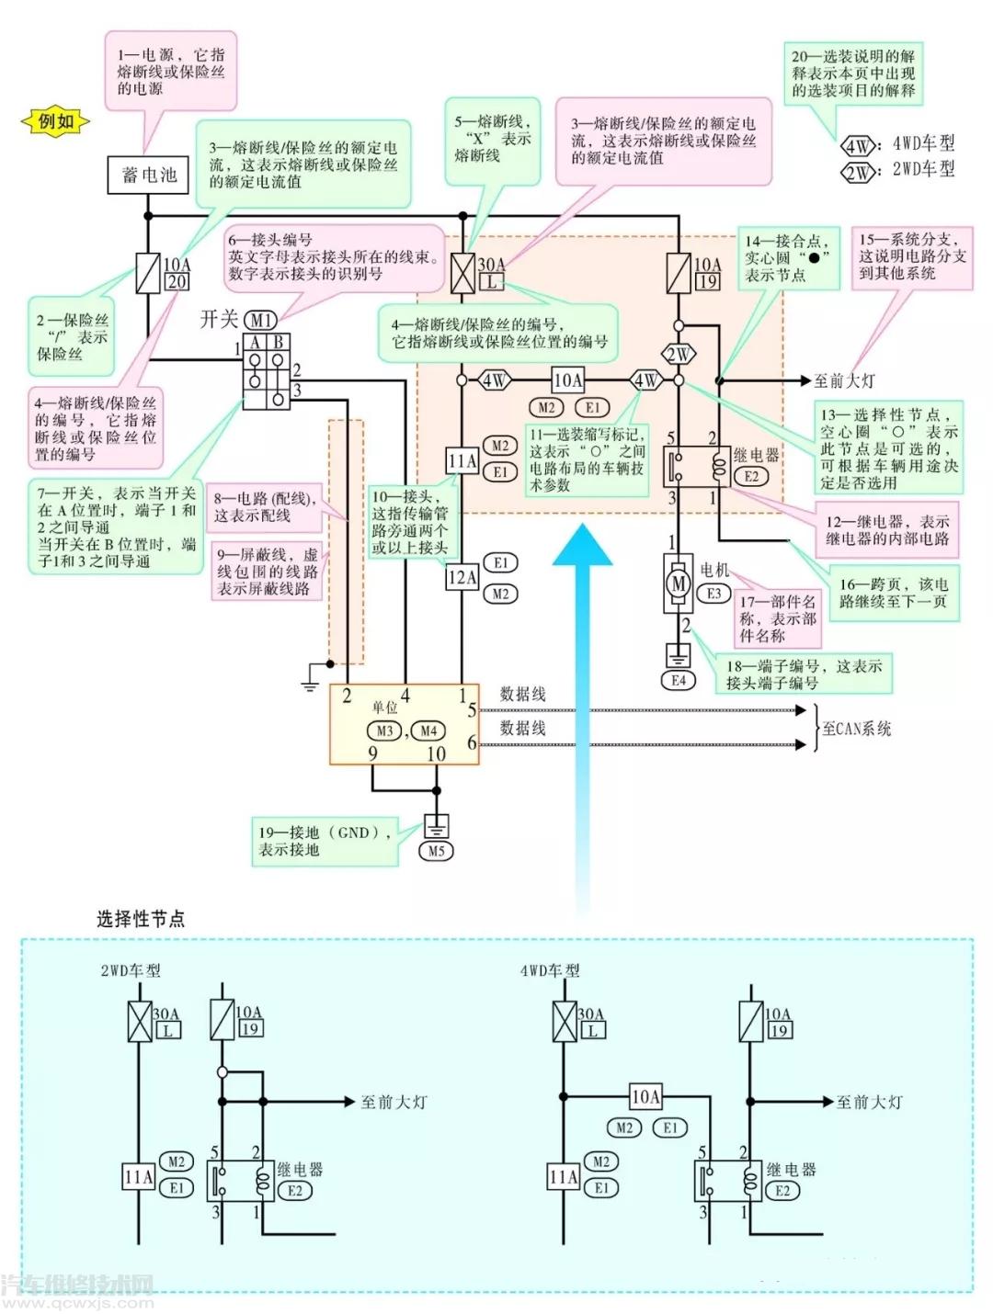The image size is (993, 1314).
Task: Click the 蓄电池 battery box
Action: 148,175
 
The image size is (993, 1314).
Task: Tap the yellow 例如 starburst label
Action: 55,121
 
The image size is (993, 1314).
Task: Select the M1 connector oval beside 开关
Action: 261,320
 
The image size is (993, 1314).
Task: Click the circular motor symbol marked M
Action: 678,583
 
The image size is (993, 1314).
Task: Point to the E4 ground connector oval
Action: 679,681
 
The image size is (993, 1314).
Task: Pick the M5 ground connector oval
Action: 436,851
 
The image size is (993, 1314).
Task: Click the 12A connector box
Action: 462,578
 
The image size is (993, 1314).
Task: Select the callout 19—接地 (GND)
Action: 326,841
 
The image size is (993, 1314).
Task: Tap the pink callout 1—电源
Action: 171,72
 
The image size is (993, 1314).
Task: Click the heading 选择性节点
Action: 141,918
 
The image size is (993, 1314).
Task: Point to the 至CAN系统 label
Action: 856,729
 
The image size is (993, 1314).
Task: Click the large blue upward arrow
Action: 581,717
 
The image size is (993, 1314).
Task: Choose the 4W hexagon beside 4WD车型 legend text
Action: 857,146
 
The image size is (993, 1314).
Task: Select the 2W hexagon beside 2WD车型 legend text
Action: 857,173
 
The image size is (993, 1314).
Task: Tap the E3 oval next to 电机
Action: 713,594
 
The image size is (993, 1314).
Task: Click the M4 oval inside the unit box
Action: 428,731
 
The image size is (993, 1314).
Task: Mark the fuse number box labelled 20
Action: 177,282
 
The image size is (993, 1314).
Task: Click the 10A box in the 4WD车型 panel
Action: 645,1096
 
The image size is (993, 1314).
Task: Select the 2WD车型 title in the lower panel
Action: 131,970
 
